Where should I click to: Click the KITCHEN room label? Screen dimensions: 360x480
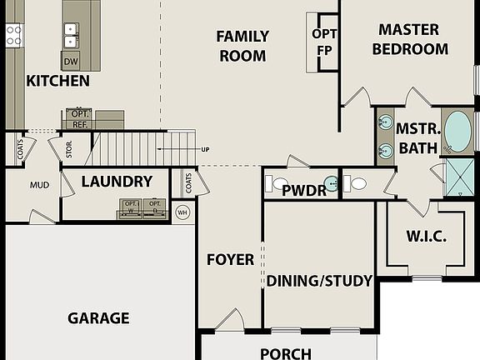(57, 81)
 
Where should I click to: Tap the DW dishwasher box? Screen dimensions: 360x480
(70, 61)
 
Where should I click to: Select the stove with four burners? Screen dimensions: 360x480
(13, 34)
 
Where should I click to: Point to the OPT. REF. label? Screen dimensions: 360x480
(80, 117)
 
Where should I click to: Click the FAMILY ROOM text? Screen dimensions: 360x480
(242, 46)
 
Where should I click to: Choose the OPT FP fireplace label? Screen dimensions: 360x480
(324, 42)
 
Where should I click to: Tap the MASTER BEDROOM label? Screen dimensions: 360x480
(409, 39)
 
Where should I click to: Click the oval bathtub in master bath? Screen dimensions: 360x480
(457, 131)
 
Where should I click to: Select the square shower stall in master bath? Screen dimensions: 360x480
(458, 177)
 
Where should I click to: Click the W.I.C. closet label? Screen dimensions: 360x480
(426, 237)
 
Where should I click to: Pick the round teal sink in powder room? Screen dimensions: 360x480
(332, 184)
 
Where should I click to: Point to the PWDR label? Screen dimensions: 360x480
(303, 191)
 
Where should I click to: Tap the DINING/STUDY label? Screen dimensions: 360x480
(319, 281)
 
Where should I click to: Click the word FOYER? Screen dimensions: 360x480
(231, 259)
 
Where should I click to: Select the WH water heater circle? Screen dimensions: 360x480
(182, 212)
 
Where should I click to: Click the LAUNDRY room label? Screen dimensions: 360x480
(117, 181)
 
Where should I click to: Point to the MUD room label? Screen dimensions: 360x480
(39, 185)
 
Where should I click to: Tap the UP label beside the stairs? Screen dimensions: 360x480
(205, 150)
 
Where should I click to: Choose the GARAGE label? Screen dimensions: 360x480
(98, 317)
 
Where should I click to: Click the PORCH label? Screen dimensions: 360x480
(286, 353)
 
